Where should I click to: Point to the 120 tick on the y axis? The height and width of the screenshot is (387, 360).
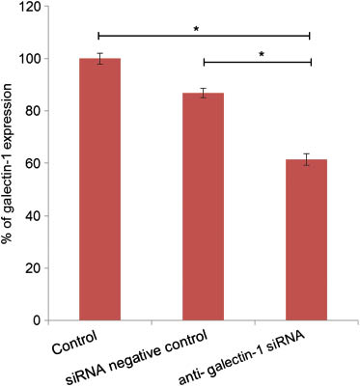pos(35,7)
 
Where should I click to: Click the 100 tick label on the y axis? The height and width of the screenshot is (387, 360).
pos(35,59)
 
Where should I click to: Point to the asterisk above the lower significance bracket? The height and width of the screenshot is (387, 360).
pos(261,54)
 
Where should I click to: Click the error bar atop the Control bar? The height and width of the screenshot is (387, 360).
pos(99,59)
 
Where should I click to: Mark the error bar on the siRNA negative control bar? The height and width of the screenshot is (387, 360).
pos(204,93)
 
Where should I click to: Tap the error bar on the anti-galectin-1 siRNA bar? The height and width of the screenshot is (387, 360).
pos(307,159)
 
